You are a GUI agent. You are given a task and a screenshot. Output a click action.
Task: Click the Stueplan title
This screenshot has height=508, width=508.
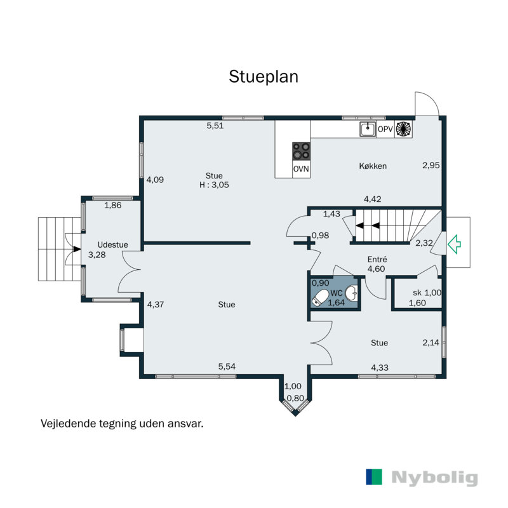pyautogui.click(x=264, y=77)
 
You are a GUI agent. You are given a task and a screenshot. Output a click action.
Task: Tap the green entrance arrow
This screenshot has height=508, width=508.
pyautogui.click(x=454, y=244)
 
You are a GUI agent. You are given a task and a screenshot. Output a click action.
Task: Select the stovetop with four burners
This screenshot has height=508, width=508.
pyautogui.click(x=301, y=151)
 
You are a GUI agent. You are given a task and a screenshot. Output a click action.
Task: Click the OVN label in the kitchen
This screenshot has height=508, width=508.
pyautogui.click(x=301, y=169)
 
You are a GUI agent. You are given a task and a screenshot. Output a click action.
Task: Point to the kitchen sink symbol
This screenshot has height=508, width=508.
pyautogui.click(x=368, y=129)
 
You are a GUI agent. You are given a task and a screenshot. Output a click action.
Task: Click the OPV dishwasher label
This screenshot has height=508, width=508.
pyautogui.click(x=385, y=130)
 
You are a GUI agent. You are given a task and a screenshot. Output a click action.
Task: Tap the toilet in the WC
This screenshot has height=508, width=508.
pyautogui.click(x=319, y=298)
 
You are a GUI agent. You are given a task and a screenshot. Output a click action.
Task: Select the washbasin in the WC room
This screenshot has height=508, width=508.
pyautogui.click(x=351, y=293)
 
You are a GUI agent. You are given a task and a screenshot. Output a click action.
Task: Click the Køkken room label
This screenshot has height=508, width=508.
pyautogui.click(x=373, y=166)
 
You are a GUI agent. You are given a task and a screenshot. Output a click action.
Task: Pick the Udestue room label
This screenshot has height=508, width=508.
pyautogui.click(x=113, y=244)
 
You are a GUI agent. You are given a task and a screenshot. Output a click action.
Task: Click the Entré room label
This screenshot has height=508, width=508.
pyautogui.click(x=377, y=259)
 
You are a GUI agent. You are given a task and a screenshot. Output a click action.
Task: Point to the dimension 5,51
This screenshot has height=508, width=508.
pyautogui.click(x=215, y=126)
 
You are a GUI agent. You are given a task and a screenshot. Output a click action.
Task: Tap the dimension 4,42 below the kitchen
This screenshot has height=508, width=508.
pyautogui.click(x=372, y=199)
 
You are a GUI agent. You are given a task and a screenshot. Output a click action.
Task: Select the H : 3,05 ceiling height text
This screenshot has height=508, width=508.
pyautogui.click(x=214, y=185)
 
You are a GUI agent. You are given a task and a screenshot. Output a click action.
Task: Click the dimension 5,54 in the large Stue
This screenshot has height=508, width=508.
pyautogui.click(x=227, y=366)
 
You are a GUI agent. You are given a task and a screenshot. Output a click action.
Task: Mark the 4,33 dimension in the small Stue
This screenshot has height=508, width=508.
pyautogui.click(x=380, y=368)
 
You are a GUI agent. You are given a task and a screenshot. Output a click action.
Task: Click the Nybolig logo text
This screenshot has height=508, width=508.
pyautogui.click(x=434, y=478)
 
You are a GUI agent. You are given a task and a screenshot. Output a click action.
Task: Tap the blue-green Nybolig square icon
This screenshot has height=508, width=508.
pyautogui.click(x=374, y=477)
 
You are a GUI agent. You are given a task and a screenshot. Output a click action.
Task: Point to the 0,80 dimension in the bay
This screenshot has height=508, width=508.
pyautogui.click(x=295, y=398)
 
